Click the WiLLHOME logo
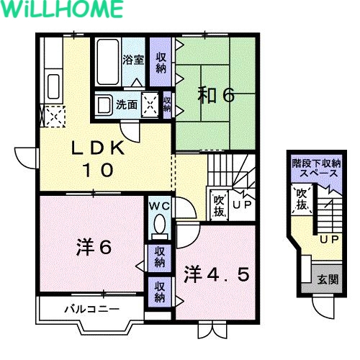point(62,9)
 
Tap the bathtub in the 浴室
point(108,62)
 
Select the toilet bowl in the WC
point(159,224)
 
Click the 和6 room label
point(215,95)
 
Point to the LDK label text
point(98,148)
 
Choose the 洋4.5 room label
point(217,274)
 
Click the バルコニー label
point(91,309)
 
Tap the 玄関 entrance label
point(328,279)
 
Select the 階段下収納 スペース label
point(317,168)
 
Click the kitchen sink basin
point(53,86)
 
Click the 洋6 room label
point(94,248)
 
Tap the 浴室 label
point(133,60)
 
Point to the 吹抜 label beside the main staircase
point(219,206)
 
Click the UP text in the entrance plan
point(329,239)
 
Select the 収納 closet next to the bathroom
point(161,63)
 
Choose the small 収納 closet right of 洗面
point(167,104)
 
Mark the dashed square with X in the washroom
point(150,104)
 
